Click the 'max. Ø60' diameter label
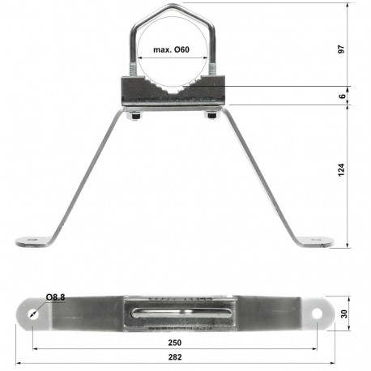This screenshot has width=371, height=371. tap(171, 51)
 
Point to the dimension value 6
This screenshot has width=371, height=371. tap(343, 96)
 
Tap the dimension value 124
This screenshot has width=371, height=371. tap(343, 169)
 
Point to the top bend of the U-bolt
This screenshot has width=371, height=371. tap(171, 8)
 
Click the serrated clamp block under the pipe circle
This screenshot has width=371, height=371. tap(172, 90)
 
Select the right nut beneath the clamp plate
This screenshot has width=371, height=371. tap(212, 114)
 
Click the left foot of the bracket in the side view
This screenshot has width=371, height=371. tap(32, 240)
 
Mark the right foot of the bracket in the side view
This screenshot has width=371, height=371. tap(314, 240)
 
